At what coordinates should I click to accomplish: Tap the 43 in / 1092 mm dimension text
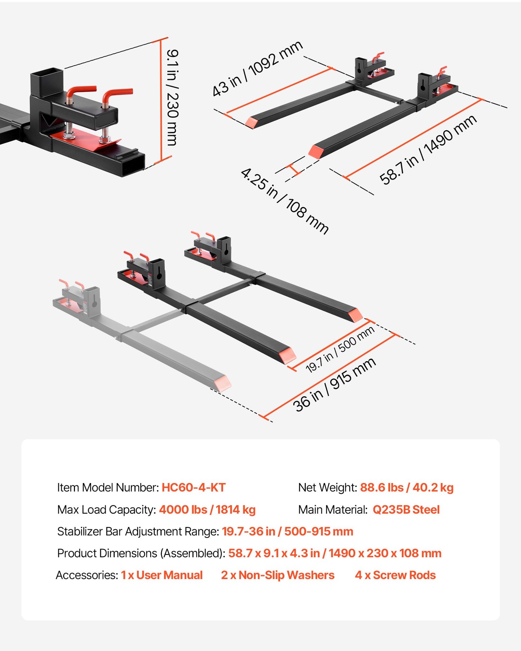pyautogui.click(x=257, y=68)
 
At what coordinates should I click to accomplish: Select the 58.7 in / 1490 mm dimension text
pyautogui.click(x=428, y=150)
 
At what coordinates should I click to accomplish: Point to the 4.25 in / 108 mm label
pyautogui.click(x=284, y=201)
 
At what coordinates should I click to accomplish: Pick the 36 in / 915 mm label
pyautogui.click(x=335, y=385)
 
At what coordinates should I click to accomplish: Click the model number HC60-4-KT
pyautogui.click(x=194, y=488)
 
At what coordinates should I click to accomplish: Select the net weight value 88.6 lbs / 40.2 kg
pyautogui.click(x=407, y=488)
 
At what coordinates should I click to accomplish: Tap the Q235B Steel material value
pyautogui.click(x=406, y=510)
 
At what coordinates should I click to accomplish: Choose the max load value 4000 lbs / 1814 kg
pyautogui.click(x=207, y=510)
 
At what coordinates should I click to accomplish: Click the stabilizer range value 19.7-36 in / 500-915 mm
pyautogui.click(x=287, y=532)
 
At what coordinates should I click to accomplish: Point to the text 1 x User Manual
pyautogui.click(x=162, y=575)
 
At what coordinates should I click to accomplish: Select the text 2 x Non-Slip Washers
pyautogui.click(x=278, y=575)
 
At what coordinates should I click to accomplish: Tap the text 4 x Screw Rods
pyautogui.click(x=395, y=575)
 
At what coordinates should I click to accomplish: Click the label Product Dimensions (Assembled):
pyautogui.click(x=141, y=553)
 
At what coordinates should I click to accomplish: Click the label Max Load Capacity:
pyautogui.click(x=107, y=510)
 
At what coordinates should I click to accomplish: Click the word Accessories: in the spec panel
pyautogui.click(x=87, y=575)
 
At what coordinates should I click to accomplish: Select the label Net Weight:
pyautogui.click(x=327, y=488)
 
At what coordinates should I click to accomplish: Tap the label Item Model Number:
pyautogui.click(x=108, y=488)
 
